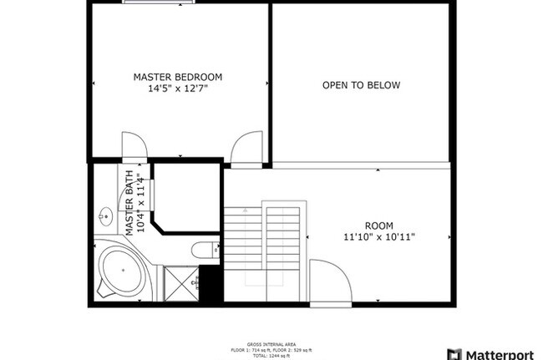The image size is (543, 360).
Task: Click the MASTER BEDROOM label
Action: tap(177, 77)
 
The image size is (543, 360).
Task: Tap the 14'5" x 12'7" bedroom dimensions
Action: tap(177, 88)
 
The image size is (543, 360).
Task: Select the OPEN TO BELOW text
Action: tap(361, 85)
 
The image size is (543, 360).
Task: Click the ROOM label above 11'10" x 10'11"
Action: tap(378, 226)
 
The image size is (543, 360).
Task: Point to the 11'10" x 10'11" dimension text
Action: tap(378, 236)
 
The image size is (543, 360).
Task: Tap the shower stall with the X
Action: tap(180, 283)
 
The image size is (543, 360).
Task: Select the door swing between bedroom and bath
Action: tap(134, 145)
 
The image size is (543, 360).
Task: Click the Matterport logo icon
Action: tap(454, 352)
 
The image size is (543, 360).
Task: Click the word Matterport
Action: tap(503, 352)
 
